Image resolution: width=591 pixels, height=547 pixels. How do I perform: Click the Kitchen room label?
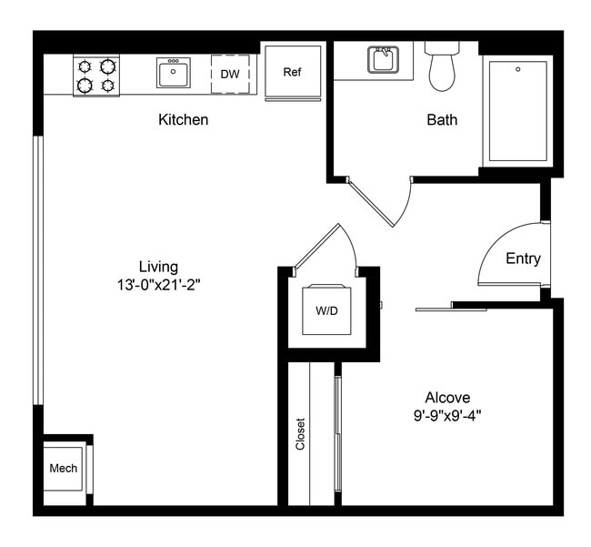click(x=183, y=119)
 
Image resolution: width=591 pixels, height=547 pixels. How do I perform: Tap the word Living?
click(x=158, y=267)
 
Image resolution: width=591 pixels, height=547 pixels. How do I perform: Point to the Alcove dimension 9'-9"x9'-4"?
click(x=447, y=415)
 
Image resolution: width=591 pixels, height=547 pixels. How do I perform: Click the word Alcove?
click(x=447, y=398)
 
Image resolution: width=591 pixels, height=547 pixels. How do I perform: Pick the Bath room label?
click(x=442, y=119)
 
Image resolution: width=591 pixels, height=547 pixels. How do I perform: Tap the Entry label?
click(x=523, y=258)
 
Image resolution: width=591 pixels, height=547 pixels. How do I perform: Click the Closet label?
click(x=300, y=434)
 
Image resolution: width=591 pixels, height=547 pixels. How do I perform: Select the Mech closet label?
click(x=63, y=469)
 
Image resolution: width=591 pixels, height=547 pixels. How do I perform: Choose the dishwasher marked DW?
click(x=229, y=74)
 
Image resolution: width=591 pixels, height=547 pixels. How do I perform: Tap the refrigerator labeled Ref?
click(x=292, y=73)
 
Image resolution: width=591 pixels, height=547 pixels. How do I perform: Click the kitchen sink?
click(x=173, y=73)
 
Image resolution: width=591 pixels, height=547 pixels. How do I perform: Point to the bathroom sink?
click(x=383, y=60)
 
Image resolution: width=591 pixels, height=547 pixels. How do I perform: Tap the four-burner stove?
click(x=97, y=76)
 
